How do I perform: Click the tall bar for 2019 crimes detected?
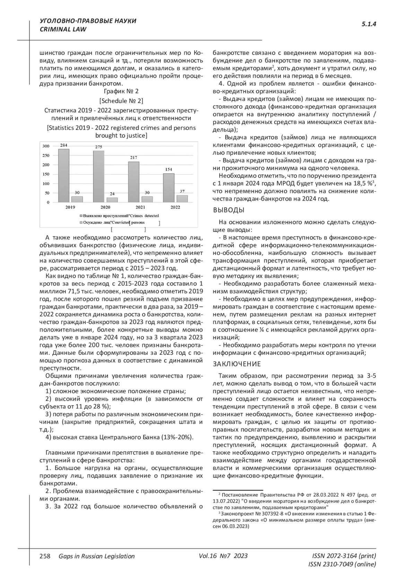pos(63,176)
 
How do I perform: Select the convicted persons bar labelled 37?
pos(182,199)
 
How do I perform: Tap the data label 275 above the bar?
pos(98,147)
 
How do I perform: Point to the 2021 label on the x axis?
pos(140,207)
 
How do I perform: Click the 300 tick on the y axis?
pos(46,146)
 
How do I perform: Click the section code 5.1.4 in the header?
pos(369,24)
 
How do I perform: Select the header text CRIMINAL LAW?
pos(63,29)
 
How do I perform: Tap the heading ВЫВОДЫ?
pos(228,210)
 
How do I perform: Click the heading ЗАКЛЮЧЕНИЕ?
pos(236,364)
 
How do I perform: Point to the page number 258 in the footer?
pos(45,556)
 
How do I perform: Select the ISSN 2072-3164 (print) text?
pos(344,556)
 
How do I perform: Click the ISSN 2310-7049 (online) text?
pos(342,564)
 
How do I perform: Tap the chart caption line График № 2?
pos(121,91)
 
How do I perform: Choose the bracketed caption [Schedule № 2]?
pos(121,101)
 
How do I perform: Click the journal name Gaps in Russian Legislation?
pos(97,556)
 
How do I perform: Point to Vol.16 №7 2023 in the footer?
pos(223,556)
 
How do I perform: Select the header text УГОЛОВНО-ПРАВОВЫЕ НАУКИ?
pos(88,21)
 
